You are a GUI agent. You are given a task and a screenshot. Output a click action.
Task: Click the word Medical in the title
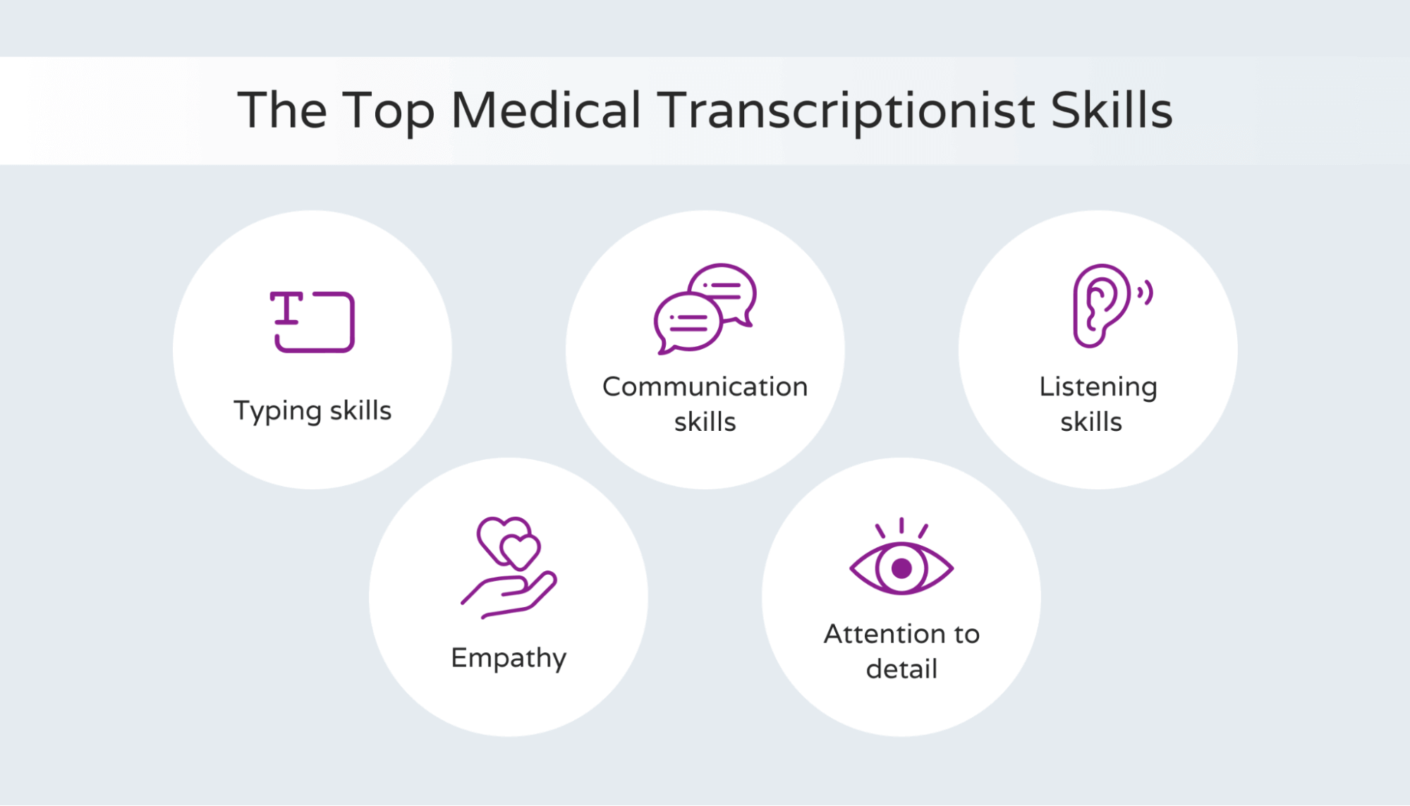click(545, 111)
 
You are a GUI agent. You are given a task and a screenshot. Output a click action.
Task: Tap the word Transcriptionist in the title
click(846, 111)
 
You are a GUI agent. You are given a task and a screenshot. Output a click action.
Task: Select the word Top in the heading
click(388, 111)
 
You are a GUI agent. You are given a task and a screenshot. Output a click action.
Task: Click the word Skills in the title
click(1111, 111)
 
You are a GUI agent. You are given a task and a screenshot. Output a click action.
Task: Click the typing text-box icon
click(312, 322)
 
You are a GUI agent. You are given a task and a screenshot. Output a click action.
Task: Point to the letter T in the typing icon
click(286, 308)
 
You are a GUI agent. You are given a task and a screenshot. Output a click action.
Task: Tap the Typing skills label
click(312, 410)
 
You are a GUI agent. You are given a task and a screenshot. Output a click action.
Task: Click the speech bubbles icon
click(705, 309)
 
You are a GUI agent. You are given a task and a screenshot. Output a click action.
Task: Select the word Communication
click(705, 386)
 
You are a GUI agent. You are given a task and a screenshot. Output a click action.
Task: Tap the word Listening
click(1098, 386)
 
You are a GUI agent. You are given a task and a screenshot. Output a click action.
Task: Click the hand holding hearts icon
click(509, 568)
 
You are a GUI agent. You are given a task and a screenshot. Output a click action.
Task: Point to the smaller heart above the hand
click(520, 551)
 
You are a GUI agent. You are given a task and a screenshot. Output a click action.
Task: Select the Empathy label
click(509, 658)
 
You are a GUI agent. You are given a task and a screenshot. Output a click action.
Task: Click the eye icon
click(901, 568)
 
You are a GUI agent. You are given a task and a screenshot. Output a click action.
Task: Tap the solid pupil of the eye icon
click(901, 568)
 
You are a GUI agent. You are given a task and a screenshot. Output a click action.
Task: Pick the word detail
click(901, 668)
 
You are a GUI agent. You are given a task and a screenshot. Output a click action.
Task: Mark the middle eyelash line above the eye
click(901, 525)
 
